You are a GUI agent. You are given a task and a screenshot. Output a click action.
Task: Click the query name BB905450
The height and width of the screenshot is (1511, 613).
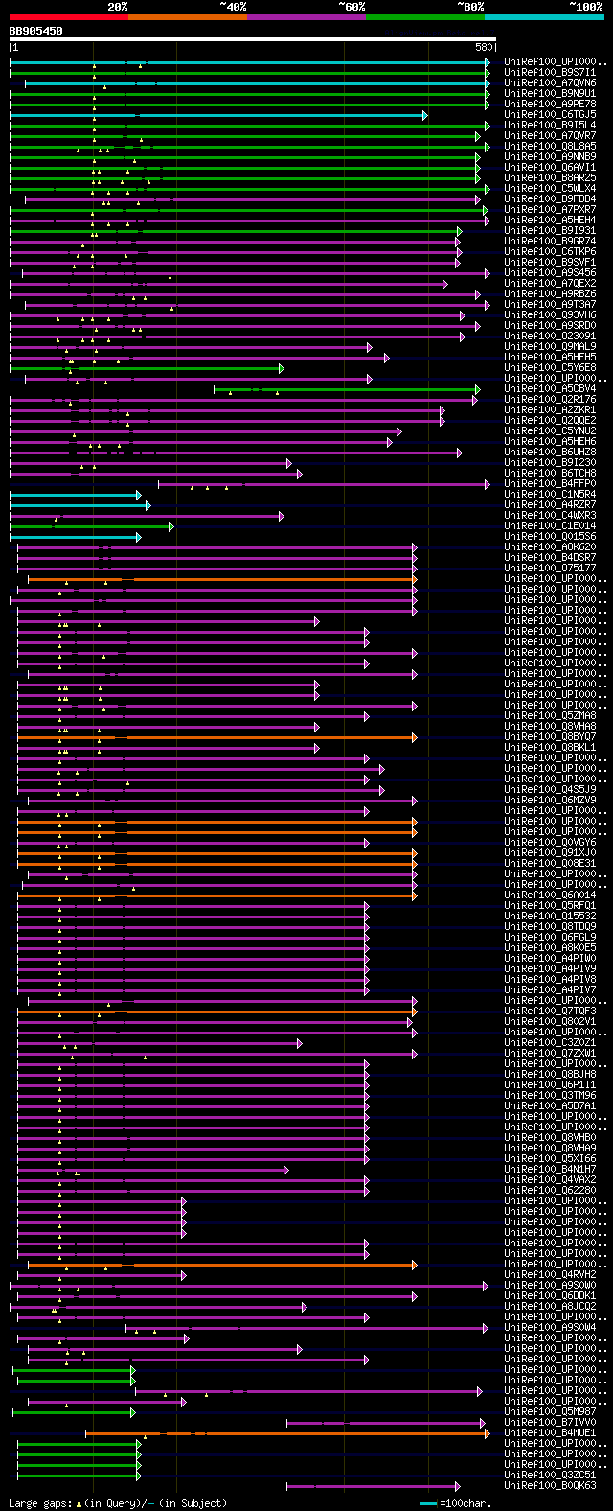(36, 31)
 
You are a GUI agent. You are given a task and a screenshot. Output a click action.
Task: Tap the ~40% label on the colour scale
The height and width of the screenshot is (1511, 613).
(233, 6)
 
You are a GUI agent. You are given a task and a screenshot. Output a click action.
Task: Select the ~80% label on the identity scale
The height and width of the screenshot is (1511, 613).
(470, 6)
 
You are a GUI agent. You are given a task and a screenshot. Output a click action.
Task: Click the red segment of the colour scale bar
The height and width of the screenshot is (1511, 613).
(68, 16)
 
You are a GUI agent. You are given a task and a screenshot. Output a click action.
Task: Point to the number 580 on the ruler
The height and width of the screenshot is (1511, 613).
(484, 47)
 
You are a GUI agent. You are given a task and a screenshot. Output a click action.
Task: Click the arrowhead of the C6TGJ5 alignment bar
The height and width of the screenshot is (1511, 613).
(424, 115)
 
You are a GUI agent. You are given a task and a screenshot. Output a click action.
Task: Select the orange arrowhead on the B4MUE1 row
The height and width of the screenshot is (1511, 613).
(487, 1433)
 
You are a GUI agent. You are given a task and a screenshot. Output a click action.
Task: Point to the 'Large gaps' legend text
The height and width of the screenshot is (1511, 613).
(38, 1503)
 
